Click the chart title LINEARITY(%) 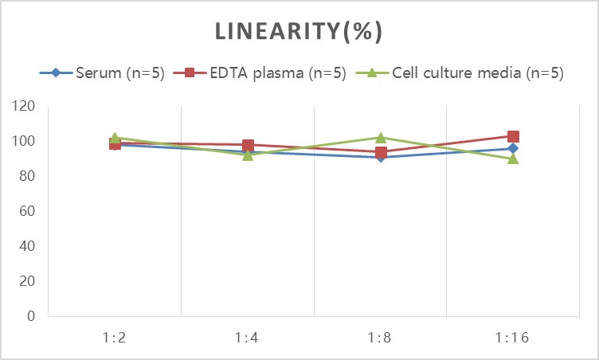point(299,31)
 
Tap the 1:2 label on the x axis point(115,338)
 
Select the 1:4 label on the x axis point(248,338)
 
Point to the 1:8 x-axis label point(381,338)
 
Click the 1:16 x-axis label point(513,338)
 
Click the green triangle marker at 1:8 point(381,138)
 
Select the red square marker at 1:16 point(513,136)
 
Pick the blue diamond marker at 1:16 point(513,148)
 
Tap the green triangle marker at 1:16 point(513,158)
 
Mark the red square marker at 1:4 point(248,146)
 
